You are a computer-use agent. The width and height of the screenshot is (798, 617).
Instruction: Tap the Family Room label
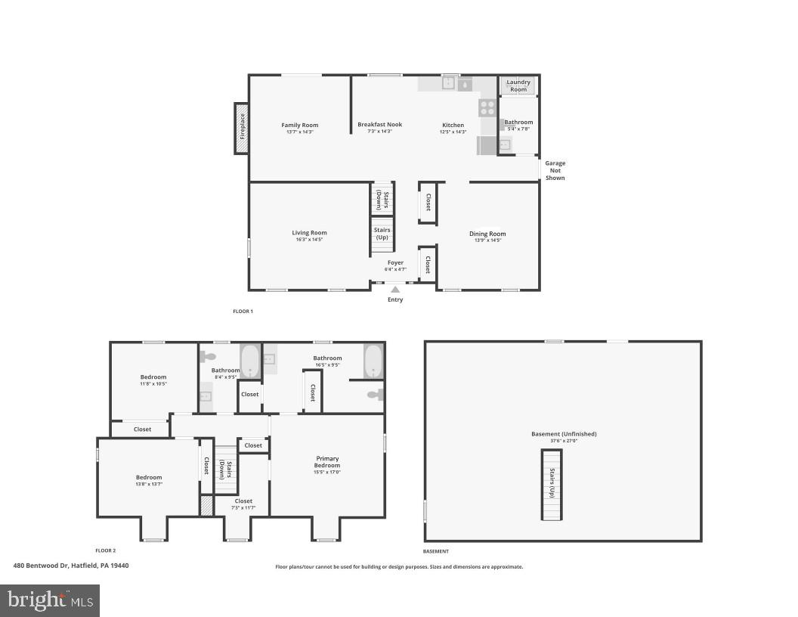click(300, 126)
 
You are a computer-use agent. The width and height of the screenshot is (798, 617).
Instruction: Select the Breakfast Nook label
click(379, 125)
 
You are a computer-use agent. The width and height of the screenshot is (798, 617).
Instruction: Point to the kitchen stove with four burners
click(487, 107)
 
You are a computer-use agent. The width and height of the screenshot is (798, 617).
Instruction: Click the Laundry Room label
click(518, 85)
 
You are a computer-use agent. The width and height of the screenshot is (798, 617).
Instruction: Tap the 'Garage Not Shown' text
click(555, 170)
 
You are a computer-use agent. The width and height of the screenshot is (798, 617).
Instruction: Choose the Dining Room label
click(487, 234)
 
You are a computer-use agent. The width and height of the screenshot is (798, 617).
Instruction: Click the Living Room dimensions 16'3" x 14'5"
click(309, 240)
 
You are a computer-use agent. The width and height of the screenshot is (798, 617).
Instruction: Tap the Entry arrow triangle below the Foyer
click(395, 289)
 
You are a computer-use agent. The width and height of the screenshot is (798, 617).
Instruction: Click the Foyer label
click(395, 263)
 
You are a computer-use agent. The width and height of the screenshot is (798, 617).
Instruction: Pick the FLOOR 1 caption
click(243, 312)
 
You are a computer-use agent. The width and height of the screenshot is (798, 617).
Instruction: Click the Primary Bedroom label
click(327, 462)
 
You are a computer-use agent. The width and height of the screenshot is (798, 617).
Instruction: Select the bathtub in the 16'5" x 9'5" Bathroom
click(374, 361)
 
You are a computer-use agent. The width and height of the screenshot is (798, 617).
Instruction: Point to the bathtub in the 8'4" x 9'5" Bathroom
click(250, 361)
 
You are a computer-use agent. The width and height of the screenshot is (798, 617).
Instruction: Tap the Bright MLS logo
click(50, 600)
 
